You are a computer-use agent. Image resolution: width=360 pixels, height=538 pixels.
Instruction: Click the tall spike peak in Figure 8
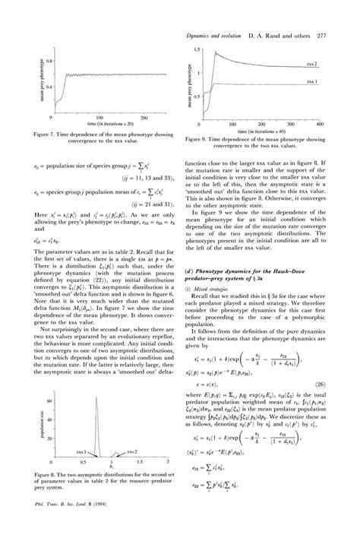tap(92, 400)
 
